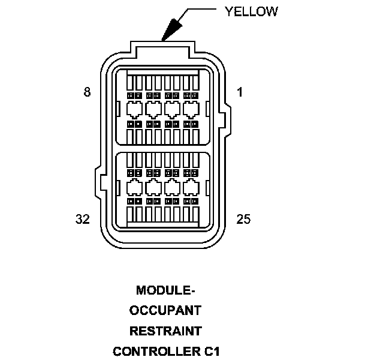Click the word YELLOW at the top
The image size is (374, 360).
251,11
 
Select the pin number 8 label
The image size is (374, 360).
88,92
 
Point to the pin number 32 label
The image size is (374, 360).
83,219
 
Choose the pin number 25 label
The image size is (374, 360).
243,219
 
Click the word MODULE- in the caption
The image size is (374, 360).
166,291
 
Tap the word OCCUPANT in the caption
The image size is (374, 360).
166,311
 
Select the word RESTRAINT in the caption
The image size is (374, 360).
166,331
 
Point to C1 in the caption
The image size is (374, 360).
211,350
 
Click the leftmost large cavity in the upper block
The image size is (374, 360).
135,109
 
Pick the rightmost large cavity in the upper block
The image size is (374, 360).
191,109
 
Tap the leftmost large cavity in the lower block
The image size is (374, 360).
135,186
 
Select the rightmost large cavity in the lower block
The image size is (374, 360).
191,186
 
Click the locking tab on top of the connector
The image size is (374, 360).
162,47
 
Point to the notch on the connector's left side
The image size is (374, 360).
98,179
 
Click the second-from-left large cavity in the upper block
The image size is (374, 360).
153,109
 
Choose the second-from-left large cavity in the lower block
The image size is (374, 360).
153,186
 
